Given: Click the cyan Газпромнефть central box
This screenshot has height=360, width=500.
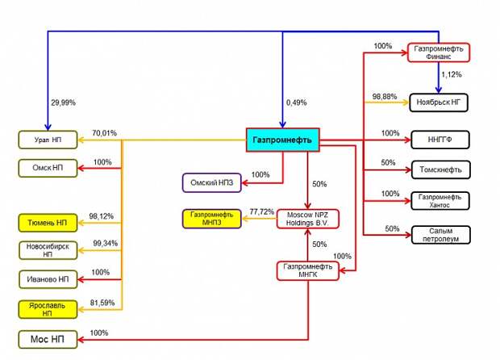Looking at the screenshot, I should click(x=283, y=140).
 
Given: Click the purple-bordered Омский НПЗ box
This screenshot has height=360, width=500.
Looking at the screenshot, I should click(x=211, y=182).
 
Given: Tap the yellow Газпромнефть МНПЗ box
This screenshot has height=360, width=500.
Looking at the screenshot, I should click(x=211, y=219).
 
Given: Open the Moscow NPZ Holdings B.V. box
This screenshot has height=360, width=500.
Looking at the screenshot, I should click(x=308, y=219).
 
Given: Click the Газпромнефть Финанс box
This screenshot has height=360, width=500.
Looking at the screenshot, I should click(x=439, y=52).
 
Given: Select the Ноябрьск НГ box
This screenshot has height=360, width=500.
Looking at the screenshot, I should click(x=439, y=103).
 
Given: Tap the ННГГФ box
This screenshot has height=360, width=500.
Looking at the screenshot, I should click(x=439, y=140).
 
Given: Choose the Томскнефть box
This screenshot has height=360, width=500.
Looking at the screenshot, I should click(x=439, y=170).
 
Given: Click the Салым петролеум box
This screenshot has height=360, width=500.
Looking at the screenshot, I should click(x=439, y=234).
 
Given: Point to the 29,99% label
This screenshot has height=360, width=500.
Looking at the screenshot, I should click(x=64, y=103).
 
